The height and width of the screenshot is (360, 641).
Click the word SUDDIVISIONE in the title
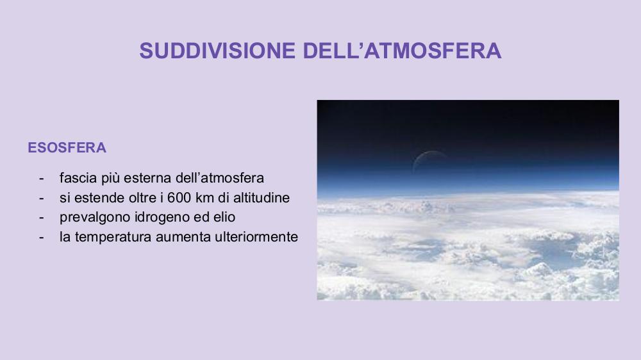click(217, 51)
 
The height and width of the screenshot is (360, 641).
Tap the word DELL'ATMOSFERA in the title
click(402, 51)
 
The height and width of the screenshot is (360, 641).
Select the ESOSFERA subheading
click(67, 147)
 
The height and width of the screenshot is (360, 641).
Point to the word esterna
click(147, 177)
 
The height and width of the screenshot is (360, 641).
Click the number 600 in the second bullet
click(179, 198)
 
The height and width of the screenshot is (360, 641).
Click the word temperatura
click(113, 236)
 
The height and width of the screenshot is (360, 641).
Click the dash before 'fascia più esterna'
click(41, 179)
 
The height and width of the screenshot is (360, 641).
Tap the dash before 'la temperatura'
click(41, 238)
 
